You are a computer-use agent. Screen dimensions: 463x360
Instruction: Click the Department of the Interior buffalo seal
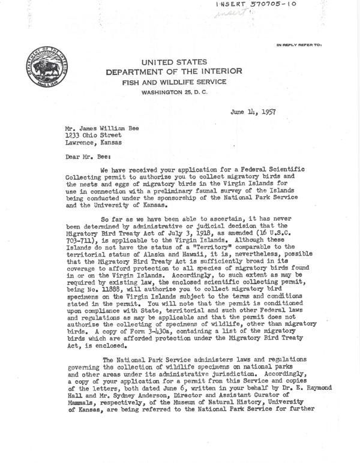[x=45, y=68]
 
